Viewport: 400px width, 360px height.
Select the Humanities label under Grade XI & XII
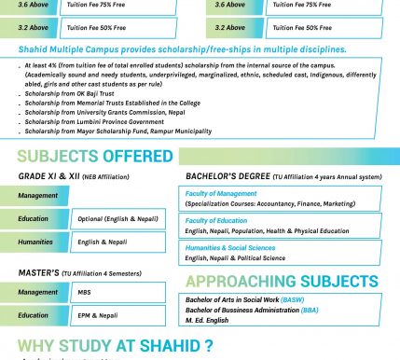tap(36, 242)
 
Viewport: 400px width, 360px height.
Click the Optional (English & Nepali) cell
tap(117, 219)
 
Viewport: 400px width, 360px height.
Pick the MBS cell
tap(85, 292)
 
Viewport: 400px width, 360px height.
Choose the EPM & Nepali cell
tap(98, 315)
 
